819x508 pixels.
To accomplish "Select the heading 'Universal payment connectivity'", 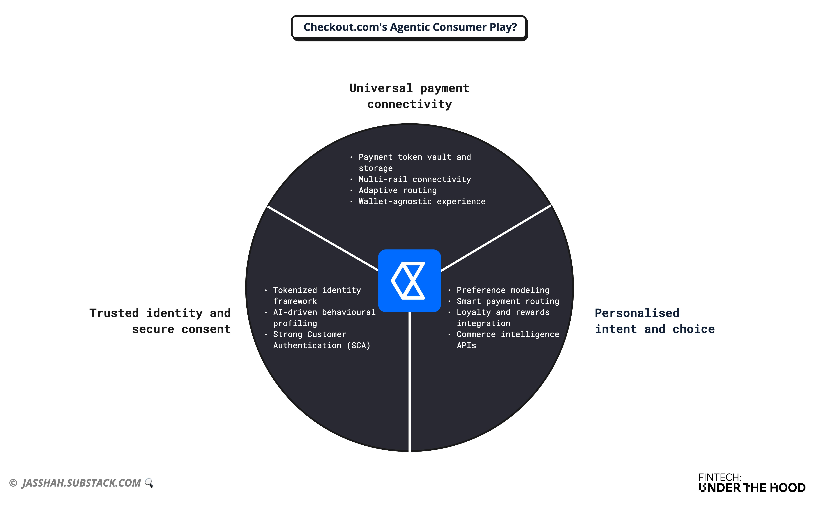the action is (409, 96).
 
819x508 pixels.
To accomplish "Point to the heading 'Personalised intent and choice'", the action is (654, 321).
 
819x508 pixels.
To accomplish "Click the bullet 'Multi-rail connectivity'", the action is (414, 179).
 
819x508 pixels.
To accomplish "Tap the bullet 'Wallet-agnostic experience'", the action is (422, 202).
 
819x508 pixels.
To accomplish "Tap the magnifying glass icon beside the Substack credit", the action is (149, 483).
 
